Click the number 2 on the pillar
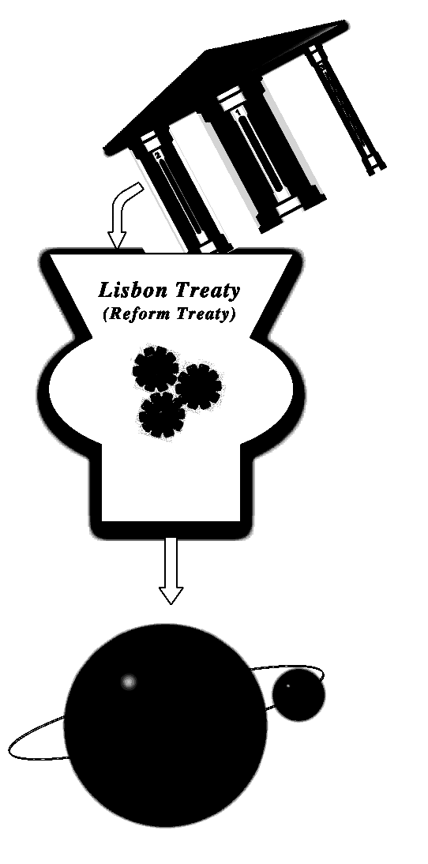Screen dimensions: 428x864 point(158,156)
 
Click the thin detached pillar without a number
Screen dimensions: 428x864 point(345,110)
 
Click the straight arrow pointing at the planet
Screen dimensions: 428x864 point(171,570)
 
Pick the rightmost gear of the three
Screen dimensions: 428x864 point(198,386)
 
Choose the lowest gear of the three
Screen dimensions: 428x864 point(162,415)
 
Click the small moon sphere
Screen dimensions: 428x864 point(298,694)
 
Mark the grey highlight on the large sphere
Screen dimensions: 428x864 point(129,682)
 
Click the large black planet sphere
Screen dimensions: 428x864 point(165,725)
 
